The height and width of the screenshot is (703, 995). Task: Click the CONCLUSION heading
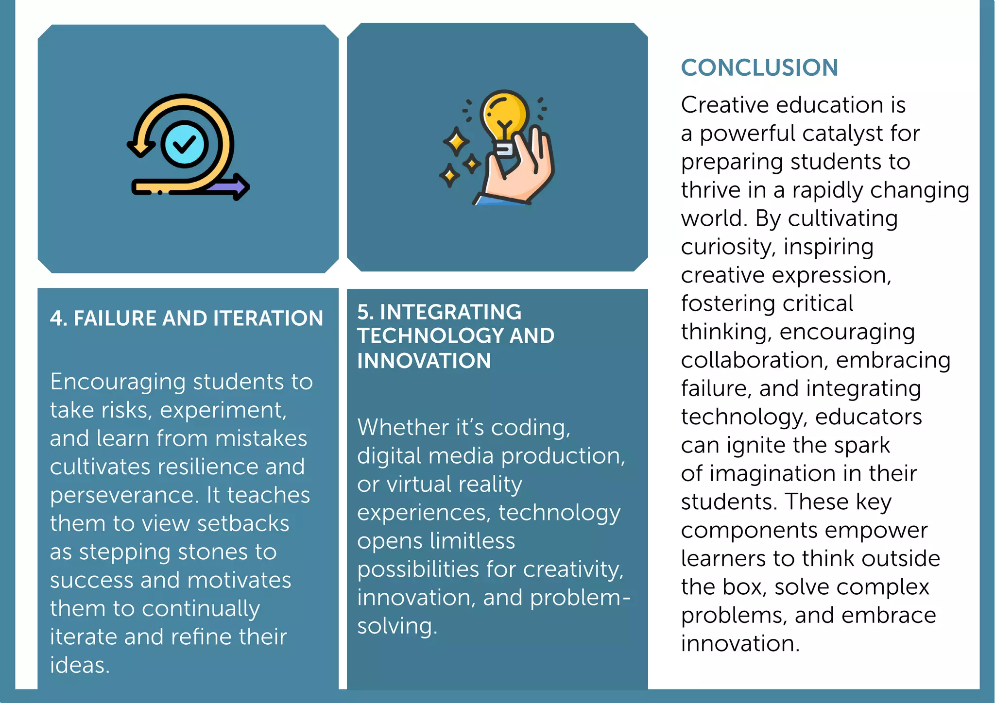point(759,67)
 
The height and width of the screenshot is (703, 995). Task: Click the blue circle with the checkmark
point(184,144)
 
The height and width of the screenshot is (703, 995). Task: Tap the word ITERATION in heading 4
point(268,318)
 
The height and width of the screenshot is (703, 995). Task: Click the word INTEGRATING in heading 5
point(450,312)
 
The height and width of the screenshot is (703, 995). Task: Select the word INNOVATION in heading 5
point(424,361)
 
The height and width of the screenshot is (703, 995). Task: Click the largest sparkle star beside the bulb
point(456,142)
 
